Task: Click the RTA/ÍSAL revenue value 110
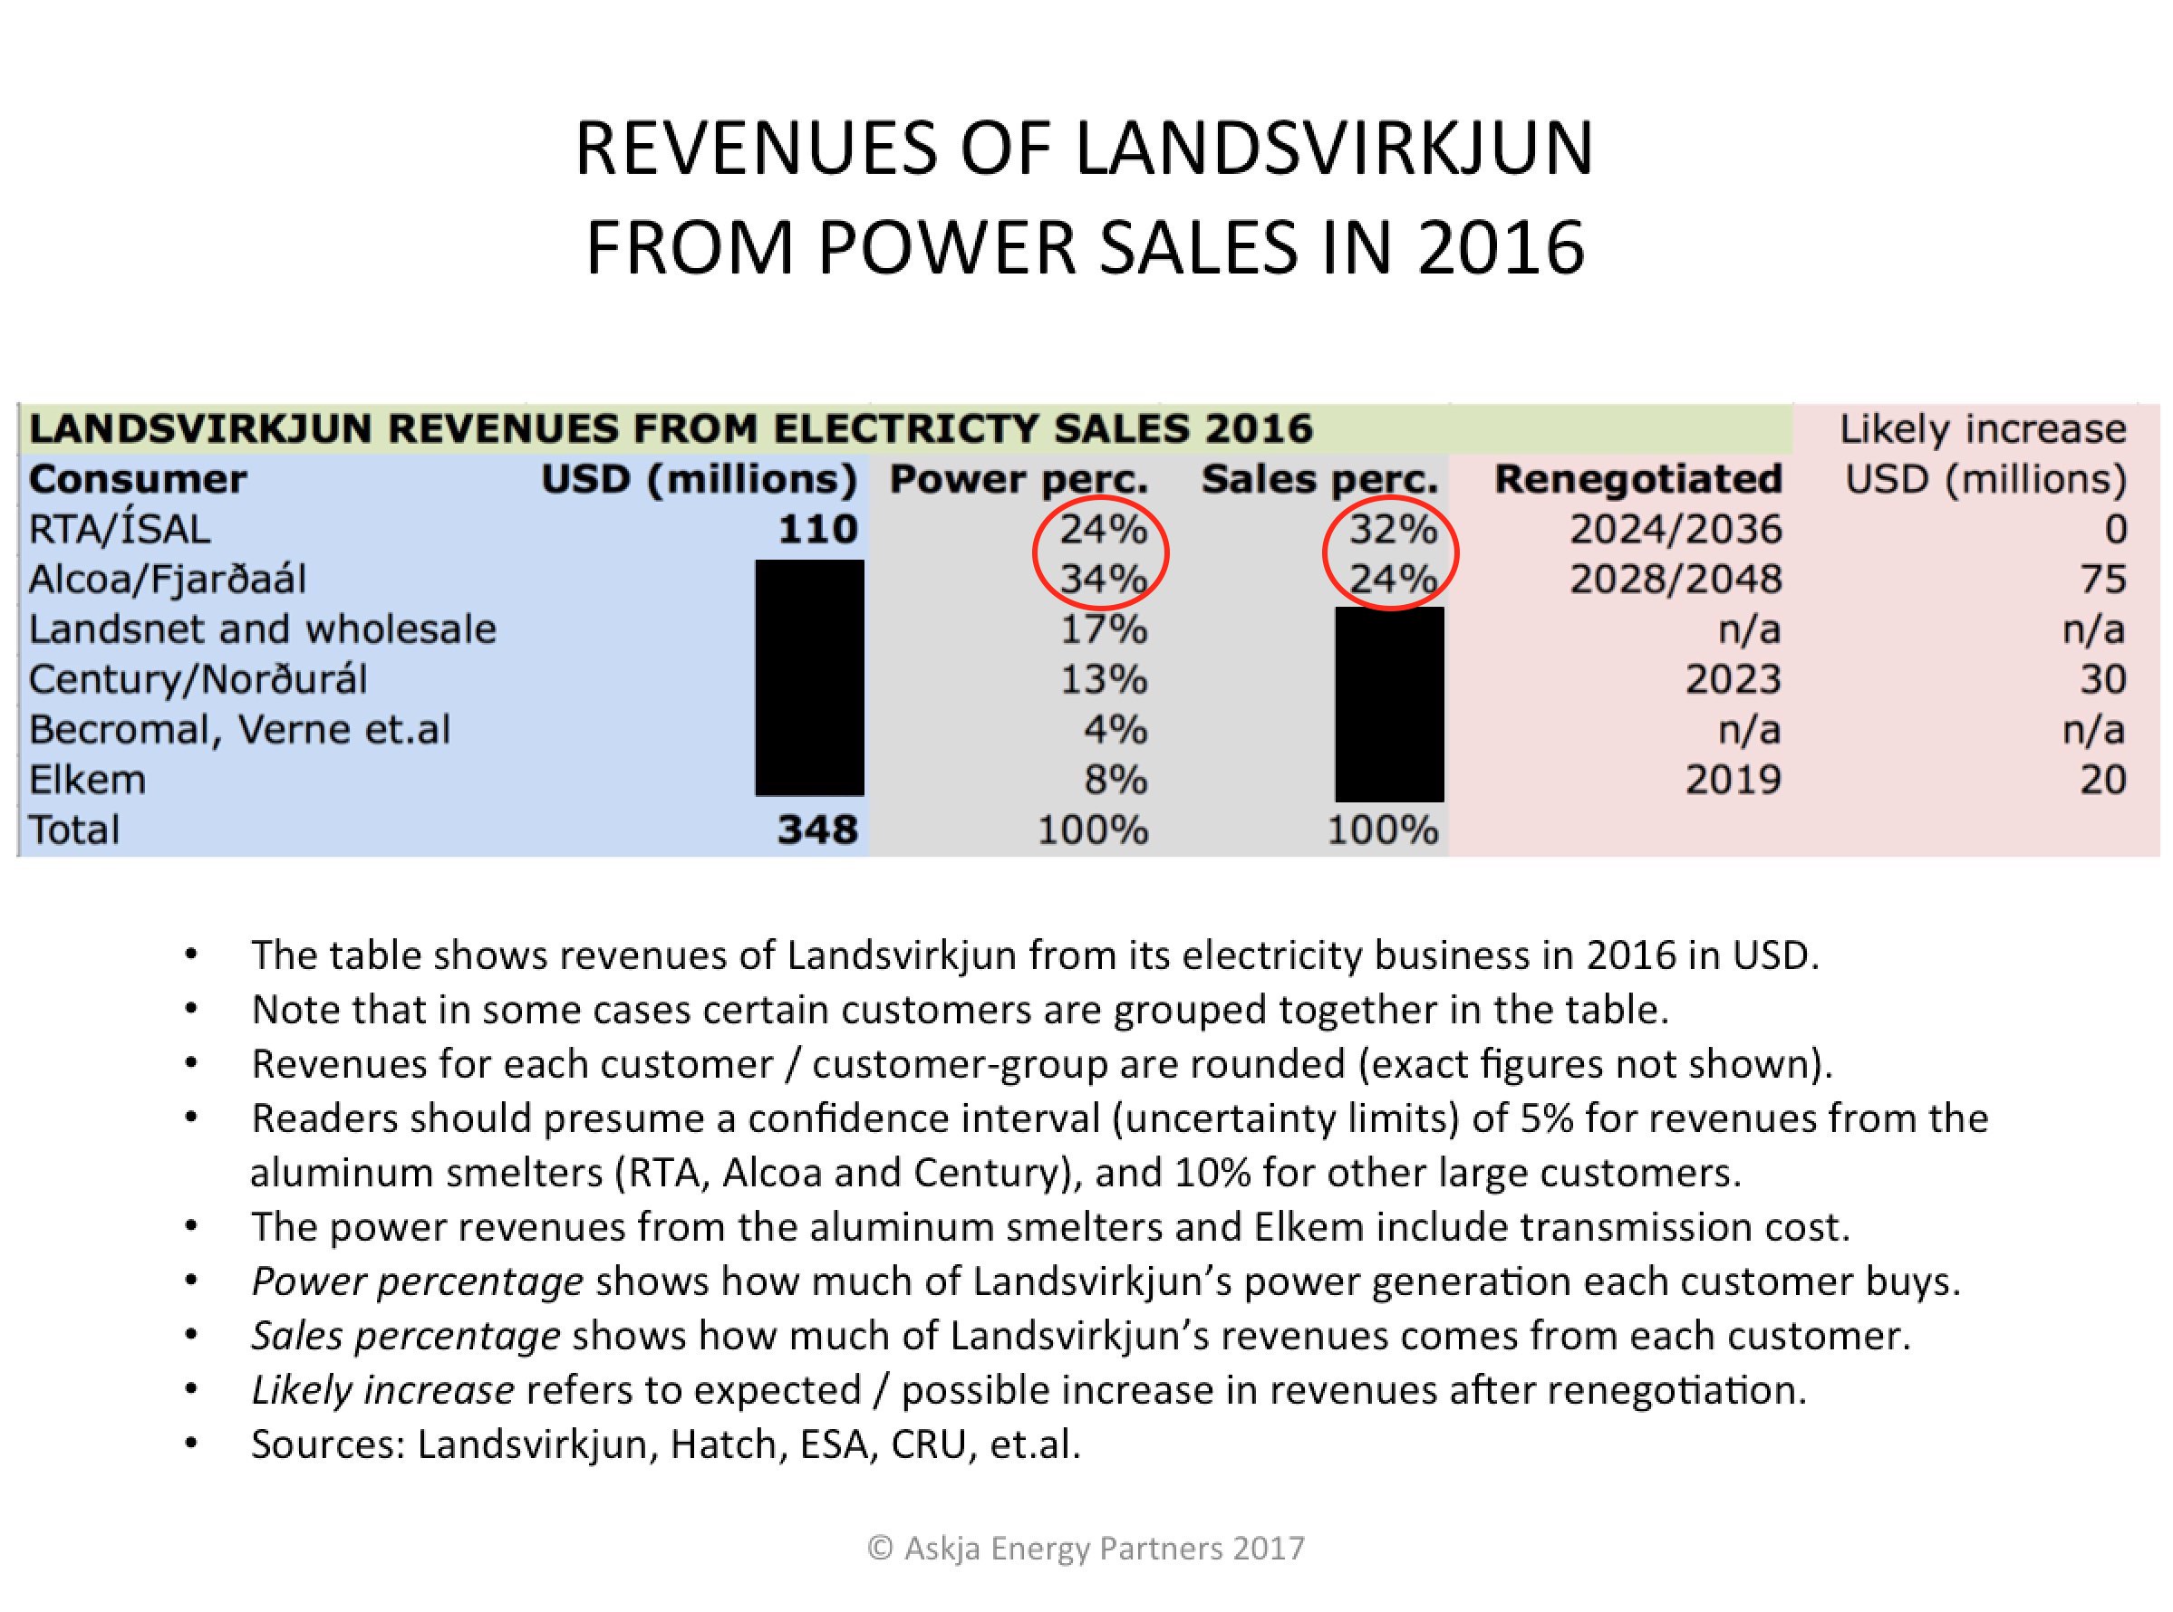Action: tap(817, 529)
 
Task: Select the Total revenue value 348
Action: tap(817, 830)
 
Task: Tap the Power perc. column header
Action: tap(1019, 479)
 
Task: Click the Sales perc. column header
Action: tap(1318, 479)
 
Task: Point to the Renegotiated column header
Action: tap(1637, 479)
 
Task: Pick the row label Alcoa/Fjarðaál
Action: tap(167, 580)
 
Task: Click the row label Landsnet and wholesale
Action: tap(263, 629)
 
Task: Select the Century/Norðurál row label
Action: tap(198, 679)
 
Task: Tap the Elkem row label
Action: tap(87, 780)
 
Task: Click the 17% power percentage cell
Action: tap(1103, 629)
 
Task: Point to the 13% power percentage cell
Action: tap(1103, 679)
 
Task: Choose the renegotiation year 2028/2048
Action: tap(1676, 580)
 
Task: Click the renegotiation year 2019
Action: tap(1733, 780)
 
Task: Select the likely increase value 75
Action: tap(2101, 580)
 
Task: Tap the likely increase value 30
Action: tap(2101, 679)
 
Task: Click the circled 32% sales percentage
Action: tap(1393, 529)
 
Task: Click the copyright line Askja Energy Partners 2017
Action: tap(1086, 1549)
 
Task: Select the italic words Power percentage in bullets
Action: tap(417, 1281)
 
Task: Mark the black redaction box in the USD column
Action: tap(809, 677)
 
